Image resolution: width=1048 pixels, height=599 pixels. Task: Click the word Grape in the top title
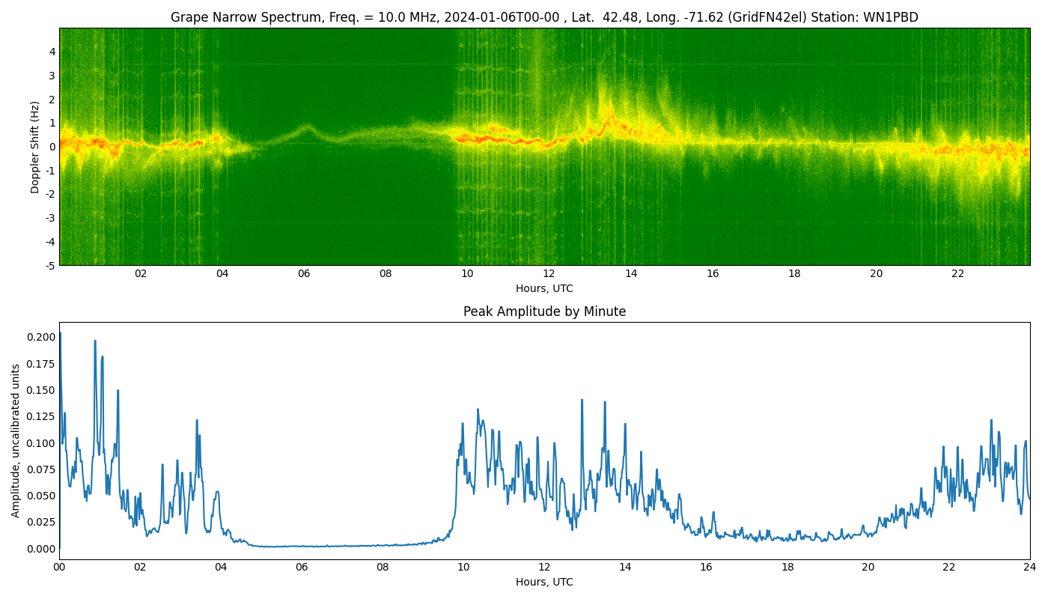pos(188,17)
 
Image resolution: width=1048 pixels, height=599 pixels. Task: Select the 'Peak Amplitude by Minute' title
pos(544,311)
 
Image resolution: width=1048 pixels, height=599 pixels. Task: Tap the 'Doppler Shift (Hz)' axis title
pos(35,147)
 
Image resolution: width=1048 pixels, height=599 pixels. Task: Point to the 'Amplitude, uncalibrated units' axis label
pos(16,440)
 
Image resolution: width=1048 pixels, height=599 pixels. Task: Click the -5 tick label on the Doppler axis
pos(49,265)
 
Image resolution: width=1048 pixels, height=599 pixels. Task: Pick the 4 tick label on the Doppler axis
pos(52,52)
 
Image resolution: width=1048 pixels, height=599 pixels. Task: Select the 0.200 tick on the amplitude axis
pos(40,337)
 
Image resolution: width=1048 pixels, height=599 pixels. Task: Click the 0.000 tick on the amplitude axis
pos(40,549)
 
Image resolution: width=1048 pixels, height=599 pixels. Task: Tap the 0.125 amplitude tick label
pos(40,416)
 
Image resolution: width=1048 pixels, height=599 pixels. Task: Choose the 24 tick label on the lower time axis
pos(1029,568)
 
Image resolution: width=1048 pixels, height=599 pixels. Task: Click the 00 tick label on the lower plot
pos(59,568)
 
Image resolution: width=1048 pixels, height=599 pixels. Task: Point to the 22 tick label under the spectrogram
pos(958,274)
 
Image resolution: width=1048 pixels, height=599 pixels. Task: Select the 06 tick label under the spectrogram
pos(304,274)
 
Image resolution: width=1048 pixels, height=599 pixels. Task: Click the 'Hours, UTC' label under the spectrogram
pos(544,288)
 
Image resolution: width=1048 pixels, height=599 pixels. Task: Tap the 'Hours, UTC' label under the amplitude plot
pos(544,582)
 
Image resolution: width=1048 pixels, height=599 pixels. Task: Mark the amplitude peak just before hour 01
pos(95,341)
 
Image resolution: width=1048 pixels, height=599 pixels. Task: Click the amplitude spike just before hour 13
pos(582,400)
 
